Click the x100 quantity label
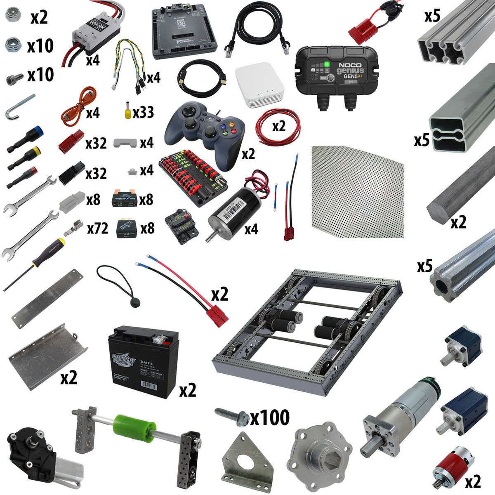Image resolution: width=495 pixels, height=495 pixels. coord(270,418)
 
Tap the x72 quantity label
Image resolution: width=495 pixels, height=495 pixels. coord(97,228)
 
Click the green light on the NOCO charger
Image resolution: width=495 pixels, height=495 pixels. coord(327,64)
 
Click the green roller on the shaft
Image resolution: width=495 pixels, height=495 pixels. coord(135,429)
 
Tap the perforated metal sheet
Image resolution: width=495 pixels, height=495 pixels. coord(357,192)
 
